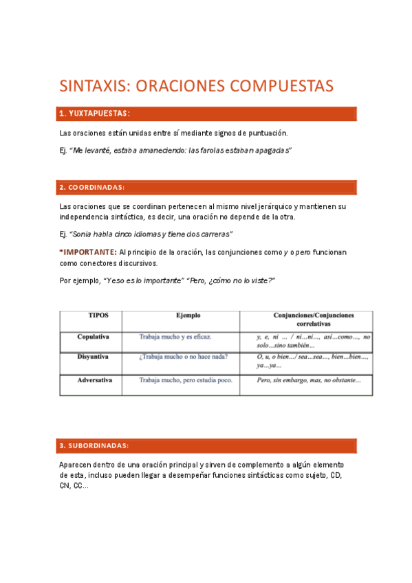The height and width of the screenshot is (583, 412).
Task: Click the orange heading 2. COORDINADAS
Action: tap(92, 187)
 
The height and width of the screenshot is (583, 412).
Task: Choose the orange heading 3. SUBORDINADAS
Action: tap(94, 445)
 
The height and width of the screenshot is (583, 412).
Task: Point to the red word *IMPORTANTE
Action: tap(88, 252)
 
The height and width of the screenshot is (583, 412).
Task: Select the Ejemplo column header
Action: tap(187, 316)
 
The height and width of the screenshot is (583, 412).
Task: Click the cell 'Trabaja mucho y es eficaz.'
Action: tap(175, 337)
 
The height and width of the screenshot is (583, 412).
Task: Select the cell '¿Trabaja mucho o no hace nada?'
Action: tap(184, 357)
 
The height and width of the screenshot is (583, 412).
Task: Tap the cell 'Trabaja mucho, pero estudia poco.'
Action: tap(186, 379)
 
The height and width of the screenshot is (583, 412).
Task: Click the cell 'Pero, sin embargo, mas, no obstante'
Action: tap(309, 379)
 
